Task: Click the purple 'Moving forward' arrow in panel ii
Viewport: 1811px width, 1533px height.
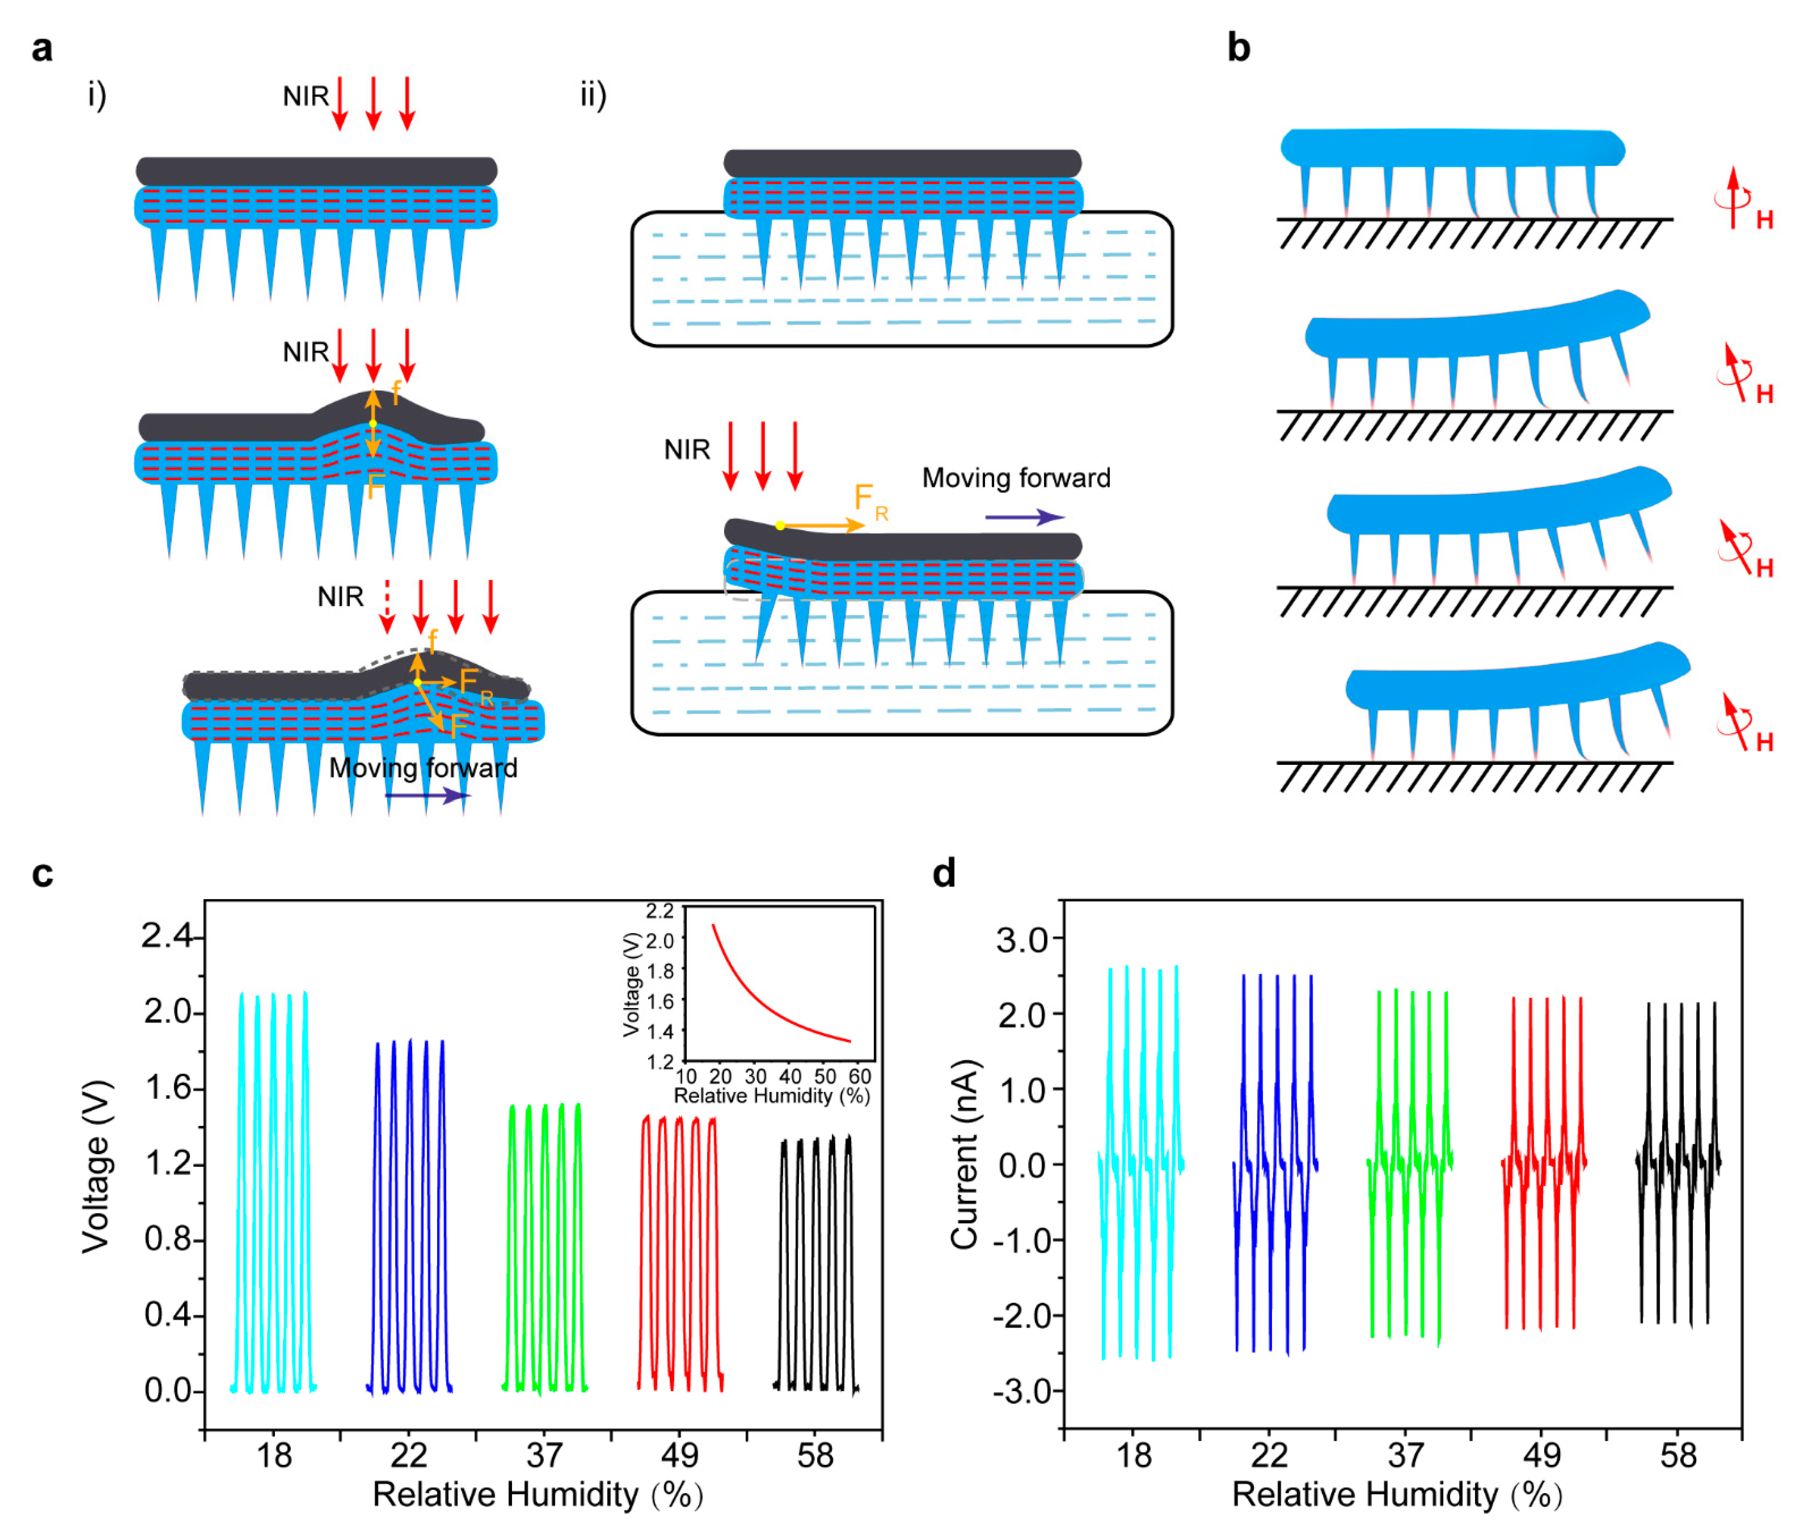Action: [1024, 517]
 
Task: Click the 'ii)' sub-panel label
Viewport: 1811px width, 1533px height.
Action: [593, 94]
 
